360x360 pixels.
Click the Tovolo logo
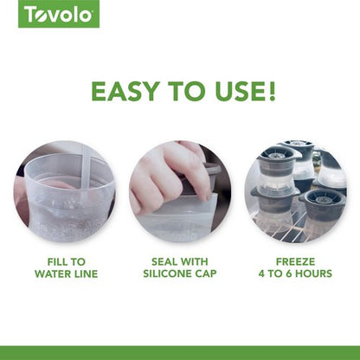[59, 14]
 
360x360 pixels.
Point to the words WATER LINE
[66, 274]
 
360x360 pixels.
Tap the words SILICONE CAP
[180, 274]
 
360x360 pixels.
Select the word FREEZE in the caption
[294, 260]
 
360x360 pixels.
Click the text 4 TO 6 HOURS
[294, 274]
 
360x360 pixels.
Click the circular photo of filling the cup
[65, 191]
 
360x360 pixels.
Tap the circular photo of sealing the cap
[180, 191]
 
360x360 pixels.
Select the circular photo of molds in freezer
[294, 191]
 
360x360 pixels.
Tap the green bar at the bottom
[180, 352]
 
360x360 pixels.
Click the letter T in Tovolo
[31, 14]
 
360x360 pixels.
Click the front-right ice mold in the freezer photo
[322, 208]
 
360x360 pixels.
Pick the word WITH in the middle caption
[196, 260]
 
